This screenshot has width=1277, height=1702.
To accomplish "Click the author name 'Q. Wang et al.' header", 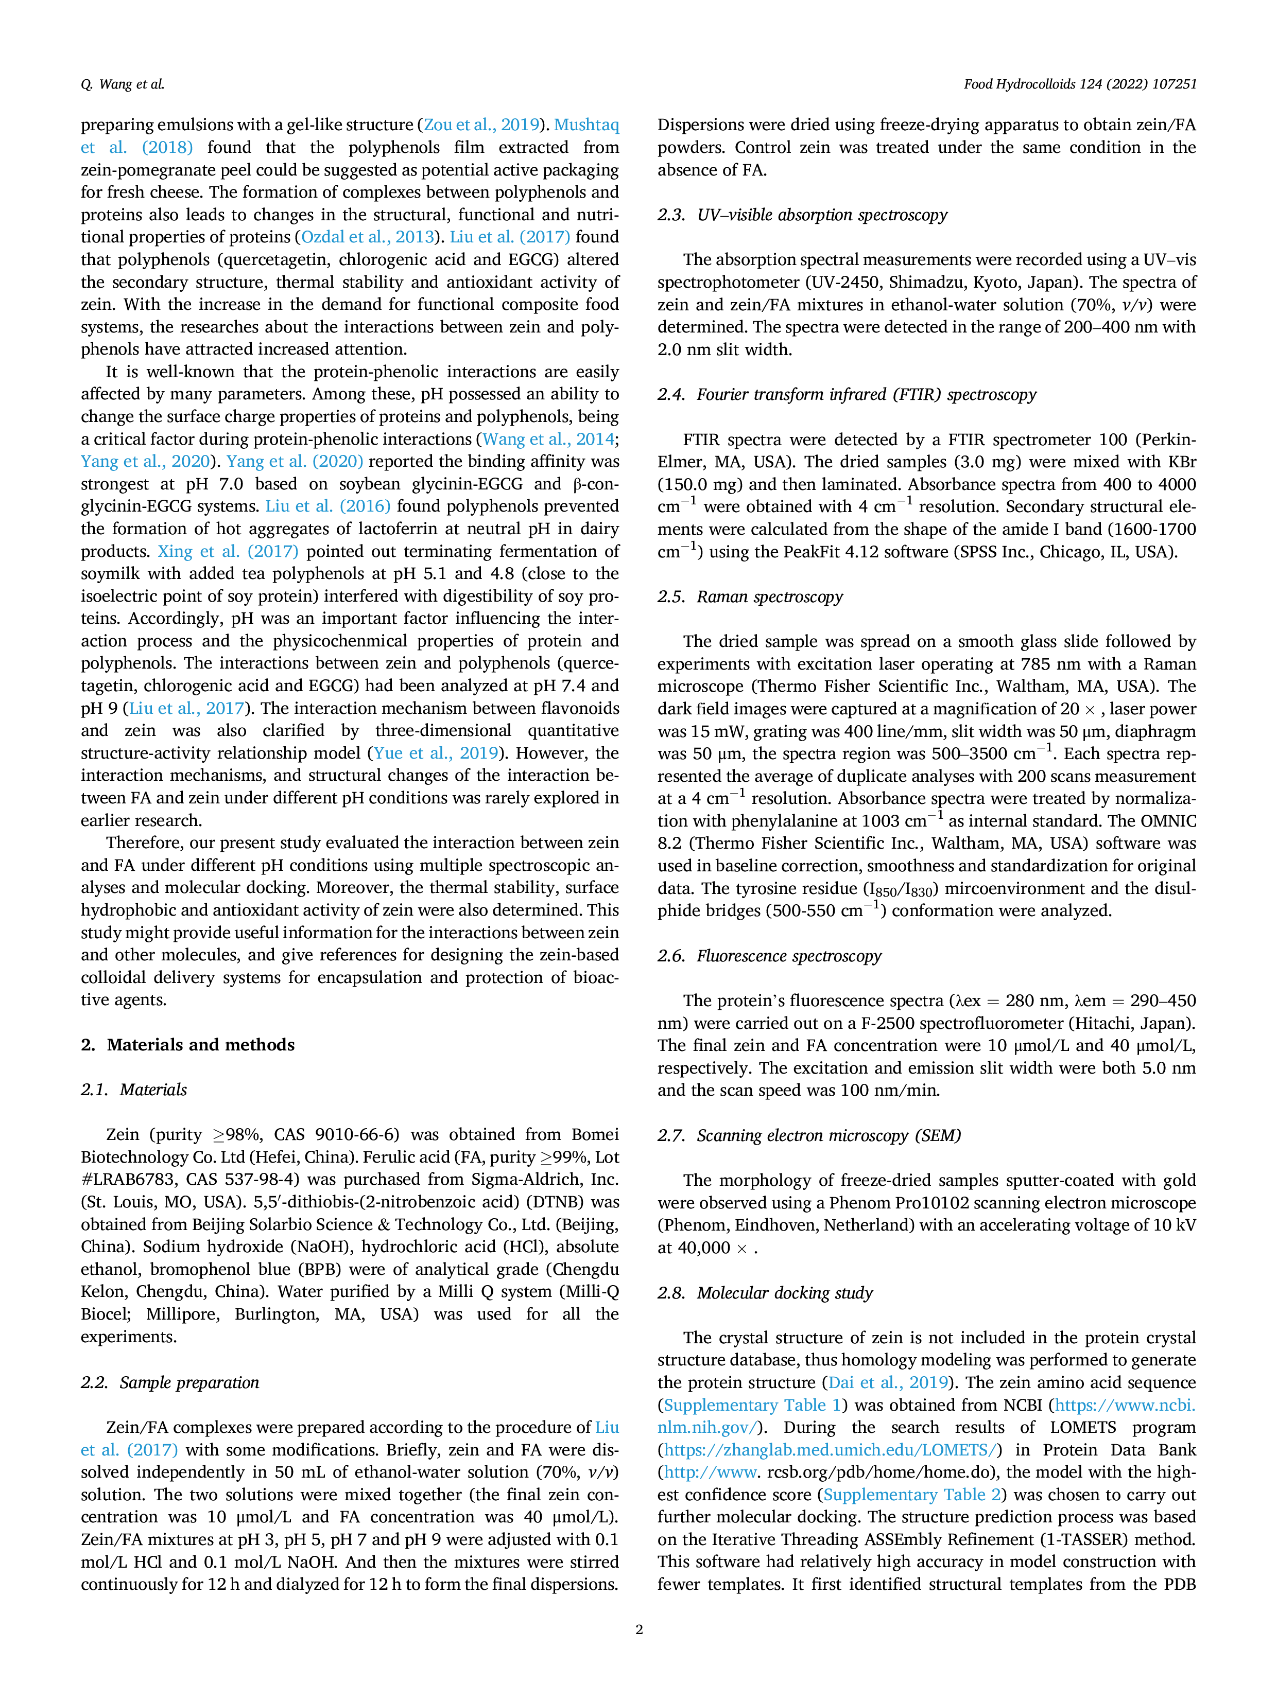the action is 123,84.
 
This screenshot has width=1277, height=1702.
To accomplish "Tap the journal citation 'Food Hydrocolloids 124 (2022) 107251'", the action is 1080,84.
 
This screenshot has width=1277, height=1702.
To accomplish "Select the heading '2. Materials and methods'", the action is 188,1044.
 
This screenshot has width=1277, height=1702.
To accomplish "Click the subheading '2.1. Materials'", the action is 134,1090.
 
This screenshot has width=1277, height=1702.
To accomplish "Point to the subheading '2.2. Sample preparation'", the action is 170,1382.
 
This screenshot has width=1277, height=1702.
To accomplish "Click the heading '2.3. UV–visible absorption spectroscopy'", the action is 802,215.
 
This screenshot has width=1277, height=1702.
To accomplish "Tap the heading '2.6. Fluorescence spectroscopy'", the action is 769,956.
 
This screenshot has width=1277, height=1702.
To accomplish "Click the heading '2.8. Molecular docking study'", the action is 765,1293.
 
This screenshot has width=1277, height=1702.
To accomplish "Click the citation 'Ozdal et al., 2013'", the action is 367,237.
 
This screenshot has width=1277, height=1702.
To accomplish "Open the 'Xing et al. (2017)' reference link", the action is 228,551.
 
